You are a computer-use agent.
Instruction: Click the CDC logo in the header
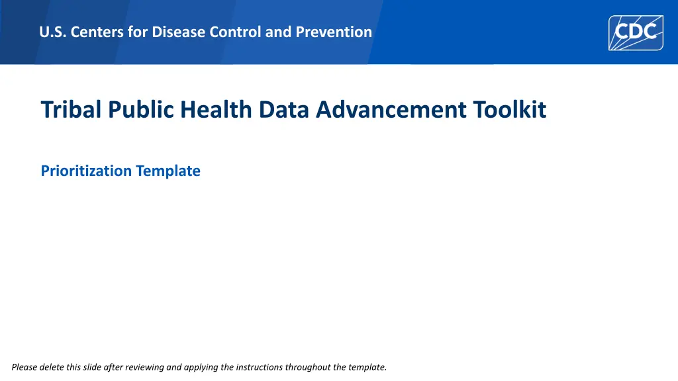(636, 33)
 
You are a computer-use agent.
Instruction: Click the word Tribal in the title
(71, 109)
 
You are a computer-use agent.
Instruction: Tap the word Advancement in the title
(391, 109)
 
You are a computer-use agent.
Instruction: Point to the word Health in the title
(216, 109)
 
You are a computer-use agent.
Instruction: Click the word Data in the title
(283, 109)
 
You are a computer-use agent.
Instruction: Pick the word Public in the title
(141, 109)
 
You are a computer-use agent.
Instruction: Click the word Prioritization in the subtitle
(86, 171)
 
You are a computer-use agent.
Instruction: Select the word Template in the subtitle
(168, 171)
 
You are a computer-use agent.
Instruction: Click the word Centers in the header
(97, 32)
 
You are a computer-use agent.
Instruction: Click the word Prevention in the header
(334, 32)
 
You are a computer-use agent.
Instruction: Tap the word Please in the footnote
(24, 367)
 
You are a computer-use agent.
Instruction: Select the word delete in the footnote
(52, 367)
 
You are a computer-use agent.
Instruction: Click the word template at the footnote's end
(367, 367)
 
